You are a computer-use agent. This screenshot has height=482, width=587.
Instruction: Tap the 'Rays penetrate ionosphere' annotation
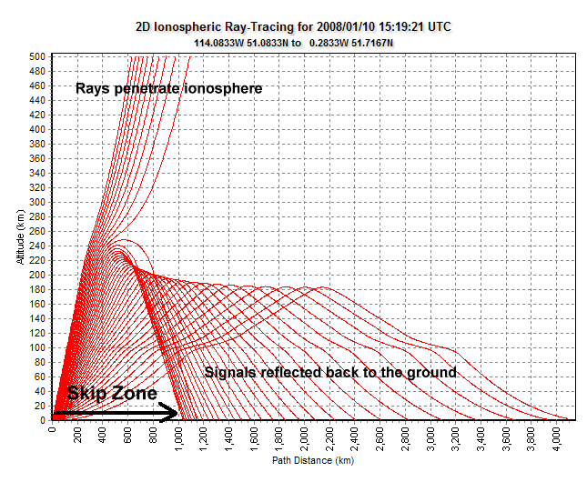(169, 88)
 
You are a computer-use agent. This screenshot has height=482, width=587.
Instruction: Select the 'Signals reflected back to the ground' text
(329, 373)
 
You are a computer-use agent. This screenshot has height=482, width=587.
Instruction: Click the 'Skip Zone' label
(111, 394)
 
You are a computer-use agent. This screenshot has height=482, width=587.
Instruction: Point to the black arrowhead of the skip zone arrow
(171, 414)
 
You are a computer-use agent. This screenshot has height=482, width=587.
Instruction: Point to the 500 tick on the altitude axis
(40, 56)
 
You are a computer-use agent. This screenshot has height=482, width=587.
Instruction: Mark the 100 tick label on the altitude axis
(40, 347)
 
